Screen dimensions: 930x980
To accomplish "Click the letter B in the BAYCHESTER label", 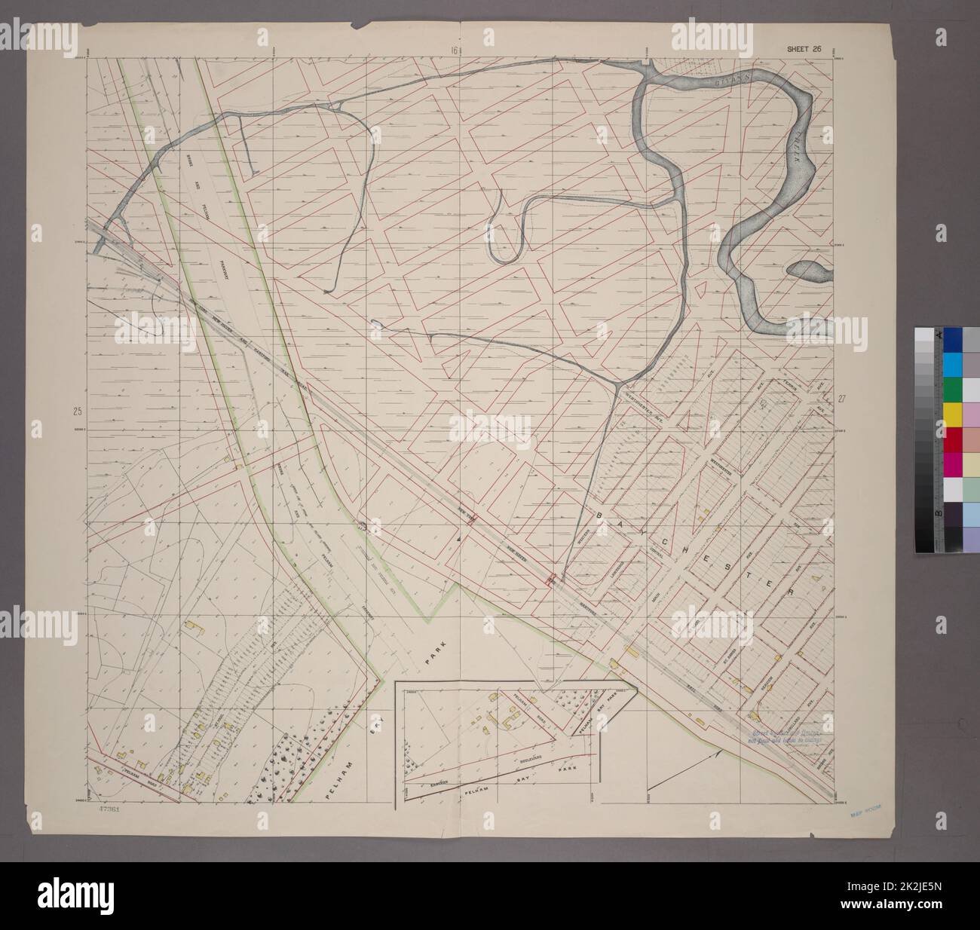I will tap(602, 514).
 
